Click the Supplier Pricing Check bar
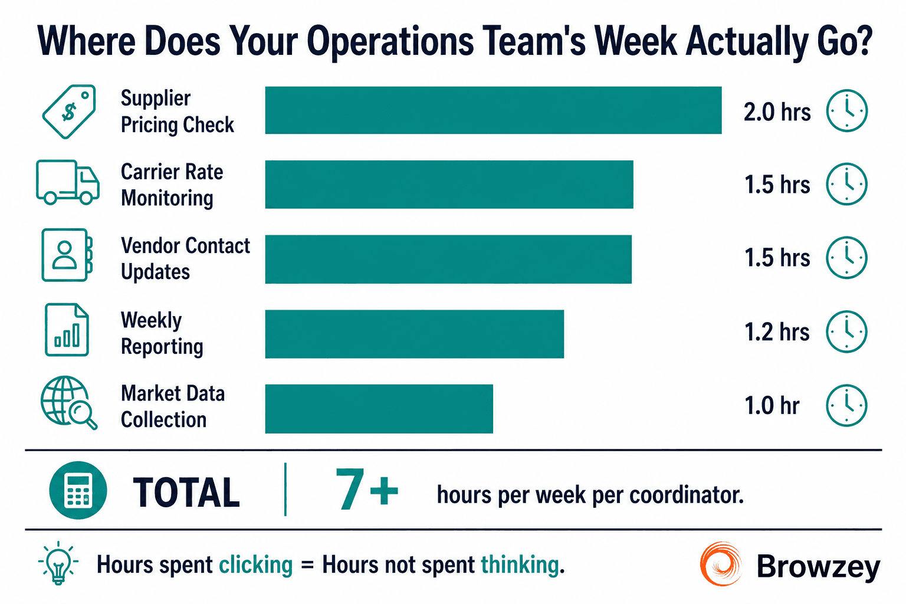493,110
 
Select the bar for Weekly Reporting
414,334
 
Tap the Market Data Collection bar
379,409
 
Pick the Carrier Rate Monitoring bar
449,184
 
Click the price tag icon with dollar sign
69,111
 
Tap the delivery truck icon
67,182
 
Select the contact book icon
67,255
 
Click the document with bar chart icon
67,330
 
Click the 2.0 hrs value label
777,112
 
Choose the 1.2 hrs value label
777,332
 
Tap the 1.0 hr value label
772,406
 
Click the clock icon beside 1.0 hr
846,405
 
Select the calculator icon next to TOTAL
78,490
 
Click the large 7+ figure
366,490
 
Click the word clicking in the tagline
256,565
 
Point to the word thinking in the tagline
520,565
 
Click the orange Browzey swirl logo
721,564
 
